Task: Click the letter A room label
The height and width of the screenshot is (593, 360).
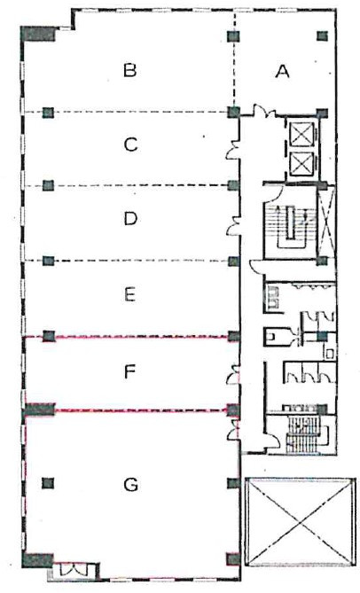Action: [x=283, y=71]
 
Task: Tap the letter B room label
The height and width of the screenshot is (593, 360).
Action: [x=130, y=70]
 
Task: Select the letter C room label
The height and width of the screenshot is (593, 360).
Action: [x=130, y=144]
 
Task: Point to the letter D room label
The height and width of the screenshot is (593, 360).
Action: [x=130, y=219]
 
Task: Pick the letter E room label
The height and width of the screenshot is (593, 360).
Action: [x=129, y=294]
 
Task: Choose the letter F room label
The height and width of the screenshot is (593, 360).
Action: [x=129, y=372]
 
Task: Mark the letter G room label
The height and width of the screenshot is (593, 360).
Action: [x=131, y=485]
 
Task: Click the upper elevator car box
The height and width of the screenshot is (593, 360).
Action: [x=301, y=134]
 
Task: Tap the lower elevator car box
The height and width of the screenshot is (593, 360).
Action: [x=301, y=163]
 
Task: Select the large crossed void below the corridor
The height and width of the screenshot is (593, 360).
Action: [x=301, y=522]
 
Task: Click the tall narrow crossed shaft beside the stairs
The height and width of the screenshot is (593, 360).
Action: [x=326, y=222]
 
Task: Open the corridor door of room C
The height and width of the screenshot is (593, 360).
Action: [x=232, y=151]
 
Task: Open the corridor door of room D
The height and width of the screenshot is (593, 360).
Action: [x=232, y=225]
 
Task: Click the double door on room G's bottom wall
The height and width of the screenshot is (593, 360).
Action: [x=74, y=569]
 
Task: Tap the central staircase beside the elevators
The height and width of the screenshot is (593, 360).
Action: [x=291, y=227]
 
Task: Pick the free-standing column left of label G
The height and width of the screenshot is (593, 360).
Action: [x=48, y=483]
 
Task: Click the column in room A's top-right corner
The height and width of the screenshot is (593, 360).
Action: [x=322, y=36]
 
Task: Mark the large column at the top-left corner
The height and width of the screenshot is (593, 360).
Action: [x=38, y=34]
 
